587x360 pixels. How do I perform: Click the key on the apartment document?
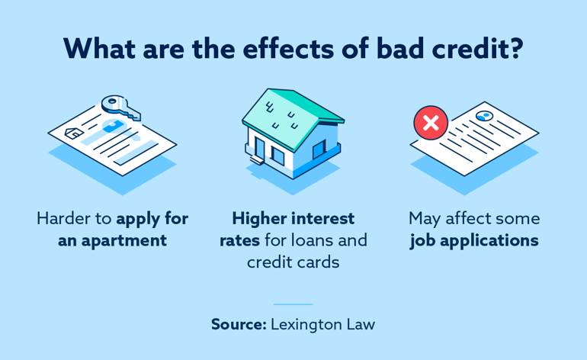pos(120,107)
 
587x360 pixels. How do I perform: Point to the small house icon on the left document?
pos(74,133)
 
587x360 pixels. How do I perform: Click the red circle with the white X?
pos(430,123)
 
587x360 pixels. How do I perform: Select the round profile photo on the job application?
pos(483,116)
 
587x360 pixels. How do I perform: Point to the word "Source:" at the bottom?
pos(239,324)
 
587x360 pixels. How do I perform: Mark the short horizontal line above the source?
pos(293,304)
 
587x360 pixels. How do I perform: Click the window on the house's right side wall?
pos(319,149)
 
